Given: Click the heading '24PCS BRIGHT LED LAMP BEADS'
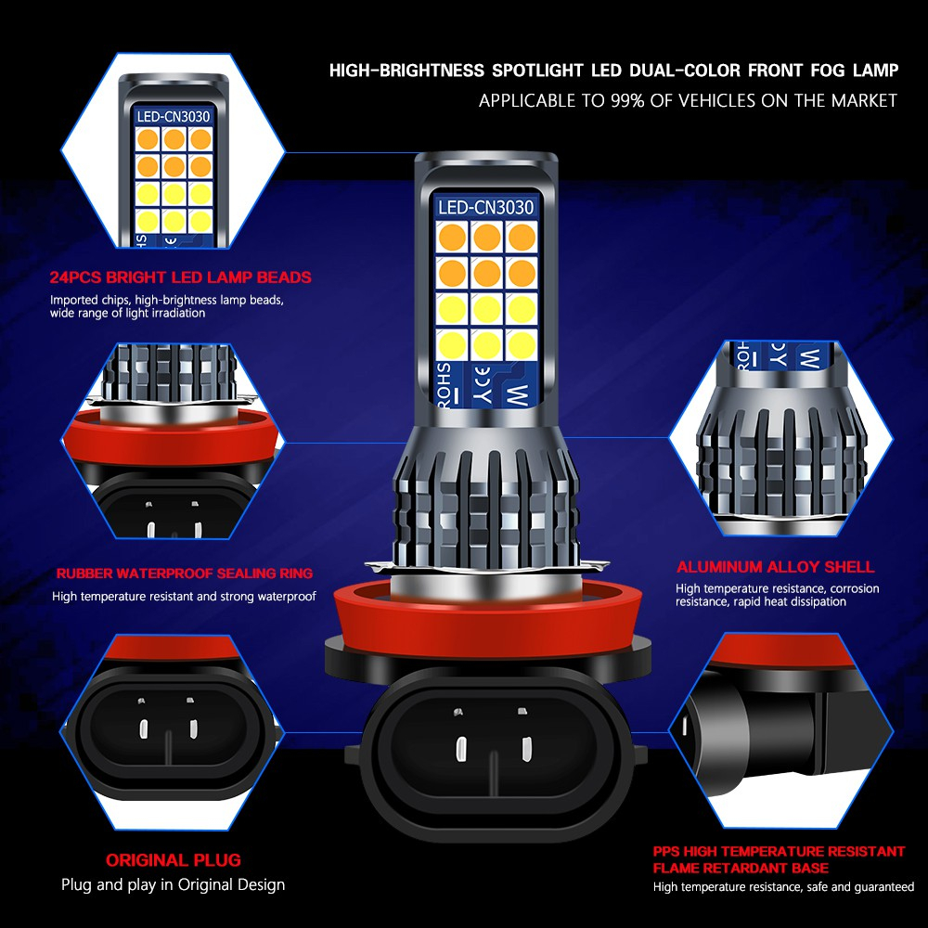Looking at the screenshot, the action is pyautogui.click(x=181, y=277).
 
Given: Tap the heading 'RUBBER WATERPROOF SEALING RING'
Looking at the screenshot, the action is pyautogui.click(x=185, y=574).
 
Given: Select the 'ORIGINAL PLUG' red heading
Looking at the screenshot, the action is pyautogui.click(x=174, y=860).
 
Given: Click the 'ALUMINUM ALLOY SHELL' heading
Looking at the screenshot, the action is pyautogui.click(x=775, y=567).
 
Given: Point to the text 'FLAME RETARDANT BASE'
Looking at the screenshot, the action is pyautogui.click(x=741, y=869).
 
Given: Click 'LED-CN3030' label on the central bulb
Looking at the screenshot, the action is pyautogui.click(x=486, y=207).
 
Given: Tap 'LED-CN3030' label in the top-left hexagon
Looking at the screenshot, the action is pyautogui.click(x=174, y=117).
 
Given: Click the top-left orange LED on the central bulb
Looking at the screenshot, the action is pyautogui.click(x=452, y=238).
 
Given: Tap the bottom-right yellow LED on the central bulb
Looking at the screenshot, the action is pyautogui.click(x=522, y=345).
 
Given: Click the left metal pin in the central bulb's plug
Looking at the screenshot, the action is pyautogui.click(x=461, y=749).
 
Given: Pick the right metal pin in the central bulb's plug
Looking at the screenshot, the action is pyautogui.click(x=525, y=748).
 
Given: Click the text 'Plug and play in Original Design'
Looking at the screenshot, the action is pyautogui.click(x=173, y=884).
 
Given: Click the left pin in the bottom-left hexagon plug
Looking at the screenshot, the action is pyautogui.click(x=143, y=728).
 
